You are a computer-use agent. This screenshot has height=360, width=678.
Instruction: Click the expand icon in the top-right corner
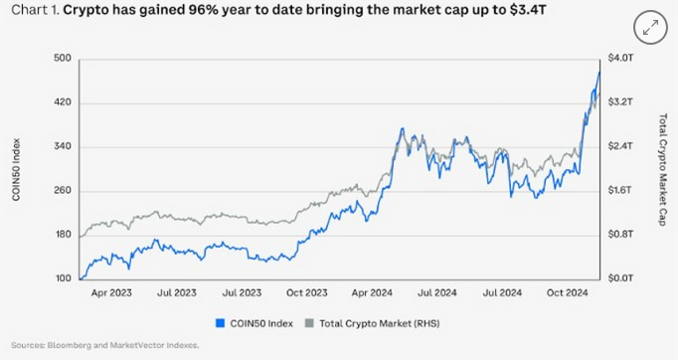[651, 28]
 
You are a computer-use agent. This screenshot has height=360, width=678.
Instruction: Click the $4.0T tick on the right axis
[621, 59]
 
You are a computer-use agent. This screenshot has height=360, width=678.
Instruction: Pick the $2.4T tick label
[621, 147]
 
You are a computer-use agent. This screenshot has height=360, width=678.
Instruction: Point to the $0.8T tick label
[621, 235]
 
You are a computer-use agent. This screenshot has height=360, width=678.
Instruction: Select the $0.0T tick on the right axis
[621, 278]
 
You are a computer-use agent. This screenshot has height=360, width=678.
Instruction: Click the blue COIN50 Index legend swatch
[219, 322]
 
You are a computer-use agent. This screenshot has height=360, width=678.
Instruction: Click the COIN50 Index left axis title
[16, 169]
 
